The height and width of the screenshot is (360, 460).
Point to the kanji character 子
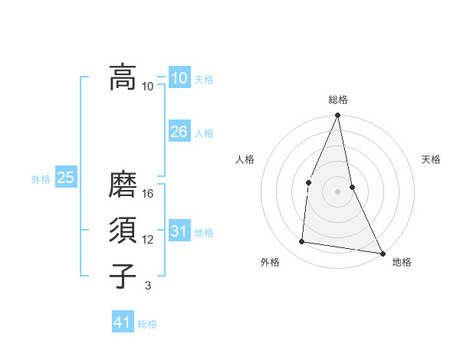point(123,276)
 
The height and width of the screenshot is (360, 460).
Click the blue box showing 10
point(179,77)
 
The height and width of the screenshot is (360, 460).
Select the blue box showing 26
point(179,132)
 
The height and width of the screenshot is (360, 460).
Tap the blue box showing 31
point(179,231)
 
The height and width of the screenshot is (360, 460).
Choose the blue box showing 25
point(66,178)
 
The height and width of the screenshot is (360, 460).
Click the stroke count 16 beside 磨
point(148,194)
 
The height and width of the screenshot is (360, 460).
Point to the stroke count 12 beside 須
point(148,240)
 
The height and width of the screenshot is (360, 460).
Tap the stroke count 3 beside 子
point(148,286)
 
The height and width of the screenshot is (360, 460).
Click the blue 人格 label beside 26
point(204,133)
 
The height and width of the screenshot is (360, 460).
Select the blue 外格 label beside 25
point(41,179)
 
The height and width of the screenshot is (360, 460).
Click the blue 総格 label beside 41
point(147,324)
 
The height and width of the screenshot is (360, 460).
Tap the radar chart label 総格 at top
point(337,100)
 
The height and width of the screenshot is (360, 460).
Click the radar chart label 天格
point(432,159)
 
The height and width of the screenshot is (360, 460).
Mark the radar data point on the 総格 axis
point(337,116)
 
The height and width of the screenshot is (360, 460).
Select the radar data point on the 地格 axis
point(382,253)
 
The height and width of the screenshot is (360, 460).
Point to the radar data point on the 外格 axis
point(302,242)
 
